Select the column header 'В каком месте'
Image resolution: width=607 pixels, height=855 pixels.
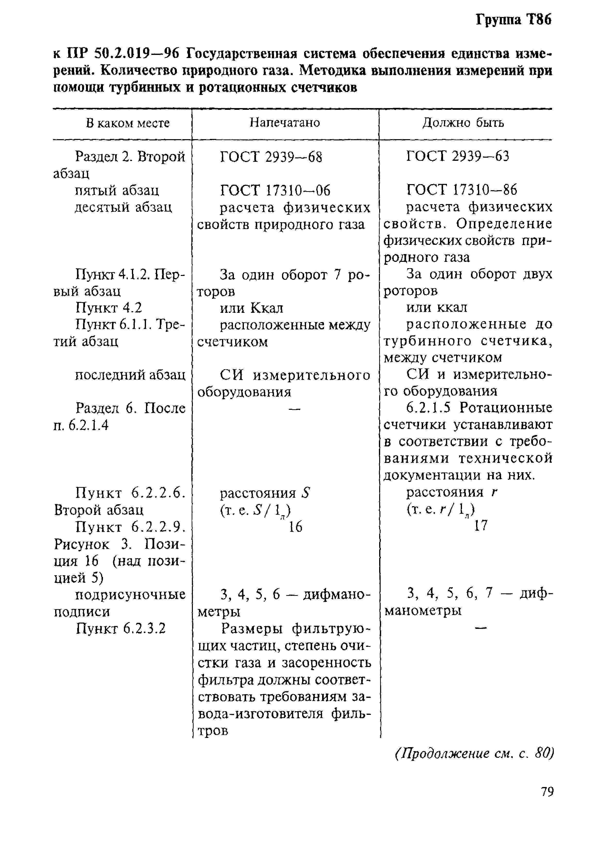click(x=128, y=123)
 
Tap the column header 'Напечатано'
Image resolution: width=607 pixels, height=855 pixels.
click(x=285, y=123)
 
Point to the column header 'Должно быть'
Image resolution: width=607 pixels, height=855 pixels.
click(x=463, y=123)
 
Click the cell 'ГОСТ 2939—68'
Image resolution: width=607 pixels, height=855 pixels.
click(x=271, y=157)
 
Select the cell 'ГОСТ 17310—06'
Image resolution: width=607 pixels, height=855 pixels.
click(x=275, y=191)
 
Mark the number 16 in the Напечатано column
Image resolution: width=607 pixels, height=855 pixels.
click(x=295, y=527)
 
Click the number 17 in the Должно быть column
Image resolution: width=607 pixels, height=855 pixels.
click(x=481, y=526)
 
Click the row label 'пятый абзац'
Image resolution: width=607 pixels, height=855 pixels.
click(x=117, y=191)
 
